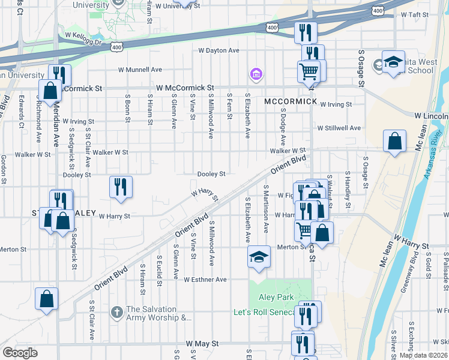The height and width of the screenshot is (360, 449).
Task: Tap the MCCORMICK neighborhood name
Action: (290, 101)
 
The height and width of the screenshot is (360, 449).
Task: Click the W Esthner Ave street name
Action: (205, 280)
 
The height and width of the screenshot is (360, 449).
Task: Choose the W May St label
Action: (202, 343)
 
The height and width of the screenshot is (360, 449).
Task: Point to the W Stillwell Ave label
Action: (339, 128)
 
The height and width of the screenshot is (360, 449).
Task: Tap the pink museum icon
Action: (256, 75)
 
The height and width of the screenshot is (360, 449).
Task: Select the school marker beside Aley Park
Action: (259, 257)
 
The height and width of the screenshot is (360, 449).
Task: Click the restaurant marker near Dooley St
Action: (120, 187)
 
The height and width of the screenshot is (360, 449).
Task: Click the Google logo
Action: (20, 353)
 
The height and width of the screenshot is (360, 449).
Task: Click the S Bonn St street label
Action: (128, 108)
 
